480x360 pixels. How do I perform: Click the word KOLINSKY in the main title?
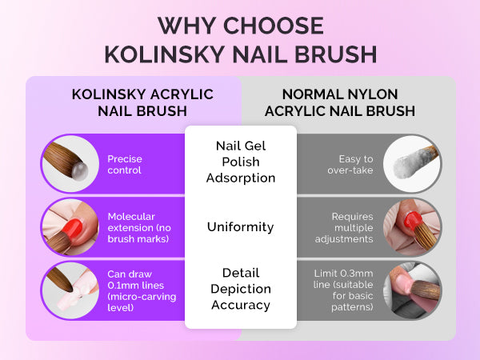[165, 54]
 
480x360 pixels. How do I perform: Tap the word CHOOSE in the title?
[274, 26]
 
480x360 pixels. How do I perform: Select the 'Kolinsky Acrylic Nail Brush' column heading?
[142, 102]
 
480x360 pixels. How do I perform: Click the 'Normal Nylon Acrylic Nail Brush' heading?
[340, 102]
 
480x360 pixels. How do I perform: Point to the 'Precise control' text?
[125, 164]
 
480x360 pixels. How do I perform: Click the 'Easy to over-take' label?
[350, 164]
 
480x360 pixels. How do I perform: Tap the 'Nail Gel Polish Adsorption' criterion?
[241, 162]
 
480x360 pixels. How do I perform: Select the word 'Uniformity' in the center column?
[240, 227]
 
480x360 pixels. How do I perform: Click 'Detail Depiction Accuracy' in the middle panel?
[241, 289]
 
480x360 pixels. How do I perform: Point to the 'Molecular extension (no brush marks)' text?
[139, 227]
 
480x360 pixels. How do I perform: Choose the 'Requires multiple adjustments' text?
[344, 227]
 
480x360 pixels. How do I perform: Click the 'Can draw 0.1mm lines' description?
[142, 290]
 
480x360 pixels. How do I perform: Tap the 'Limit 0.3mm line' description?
[343, 290]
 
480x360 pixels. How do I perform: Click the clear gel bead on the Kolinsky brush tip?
[79, 171]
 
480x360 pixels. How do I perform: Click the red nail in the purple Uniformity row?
[72, 228]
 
